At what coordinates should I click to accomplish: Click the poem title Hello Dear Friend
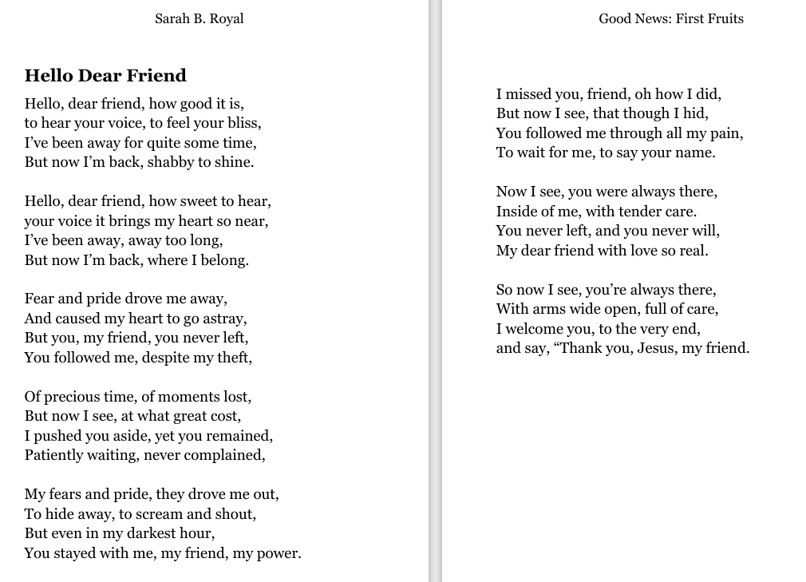tap(105, 76)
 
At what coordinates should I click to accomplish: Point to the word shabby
tap(170, 163)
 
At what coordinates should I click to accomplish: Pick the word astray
tap(226, 319)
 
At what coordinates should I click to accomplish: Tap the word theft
tap(234, 358)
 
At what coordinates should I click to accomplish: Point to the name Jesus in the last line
tap(656, 349)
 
